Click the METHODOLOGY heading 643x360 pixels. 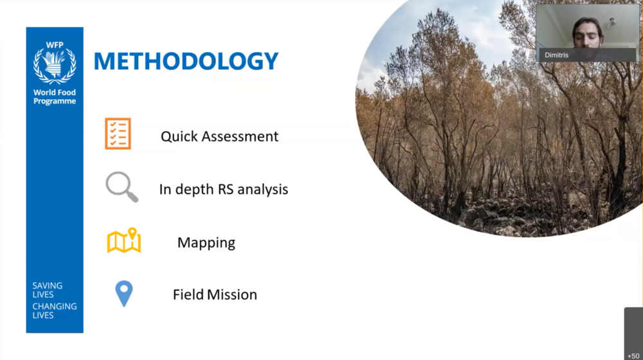(x=186, y=60)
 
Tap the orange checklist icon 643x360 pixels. (x=118, y=134)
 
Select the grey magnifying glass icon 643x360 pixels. (x=122, y=186)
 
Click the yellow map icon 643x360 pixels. (x=124, y=240)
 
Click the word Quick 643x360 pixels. (x=179, y=136)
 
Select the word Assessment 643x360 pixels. (x=240, y=136)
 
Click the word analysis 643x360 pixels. (x=263, y=190)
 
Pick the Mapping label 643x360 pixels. (x=206, y=243)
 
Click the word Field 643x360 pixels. (x=188, y=294)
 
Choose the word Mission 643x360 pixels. (x=232, y=294)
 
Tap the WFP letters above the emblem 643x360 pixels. (x=55, y=45)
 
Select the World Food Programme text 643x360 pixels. (x=55, y=97)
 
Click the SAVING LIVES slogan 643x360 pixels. (x=48, y=290)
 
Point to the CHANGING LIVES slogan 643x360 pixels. (x=55, y=310)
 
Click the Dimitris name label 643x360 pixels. (x=556, y=55)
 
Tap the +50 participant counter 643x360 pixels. (x=633, y=356)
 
